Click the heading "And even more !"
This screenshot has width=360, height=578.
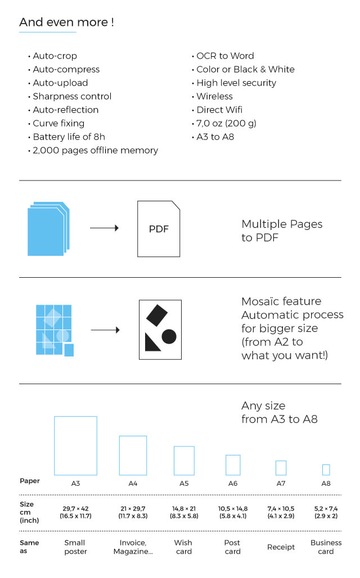[x=66, y=22]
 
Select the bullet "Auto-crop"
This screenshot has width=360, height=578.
[x=55, y=56]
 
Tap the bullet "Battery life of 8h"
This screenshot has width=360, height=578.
[x=69, y=137]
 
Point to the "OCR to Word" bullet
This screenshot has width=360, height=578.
[x=225, y=56]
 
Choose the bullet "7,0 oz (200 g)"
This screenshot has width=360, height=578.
[x=226, y=124]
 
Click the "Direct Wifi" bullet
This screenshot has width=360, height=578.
[x=219, y=110]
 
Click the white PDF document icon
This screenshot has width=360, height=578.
[x=159, y=229]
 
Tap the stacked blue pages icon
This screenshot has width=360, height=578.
[x=48, y=228]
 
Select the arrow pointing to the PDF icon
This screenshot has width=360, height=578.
[x=105, y=228]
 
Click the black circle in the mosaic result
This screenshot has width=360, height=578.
[x=169, y=337]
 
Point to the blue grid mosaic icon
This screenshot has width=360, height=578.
[x=55, y=330]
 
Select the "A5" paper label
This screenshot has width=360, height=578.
[x=184, y=484]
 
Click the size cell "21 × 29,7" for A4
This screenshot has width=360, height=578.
[x=133, y=509]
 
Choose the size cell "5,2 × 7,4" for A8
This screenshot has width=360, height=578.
[x=326, y=509]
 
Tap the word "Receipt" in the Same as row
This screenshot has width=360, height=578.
[x=281, y=548]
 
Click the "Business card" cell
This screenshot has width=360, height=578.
[x=326, y=547]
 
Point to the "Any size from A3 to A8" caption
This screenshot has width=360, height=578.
[x=279, y=413]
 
